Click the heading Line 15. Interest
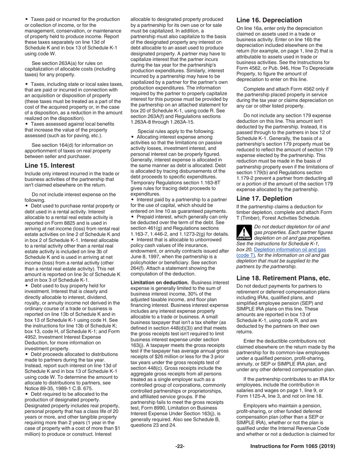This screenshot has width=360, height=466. (x=49, y=166)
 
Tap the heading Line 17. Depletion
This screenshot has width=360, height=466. (x=264, y=199)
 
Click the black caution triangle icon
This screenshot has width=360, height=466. (x=244, y=233)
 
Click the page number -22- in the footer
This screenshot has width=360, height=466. (x=180, y=446)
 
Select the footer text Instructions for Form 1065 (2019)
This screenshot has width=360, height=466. (x=293, y=446)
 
